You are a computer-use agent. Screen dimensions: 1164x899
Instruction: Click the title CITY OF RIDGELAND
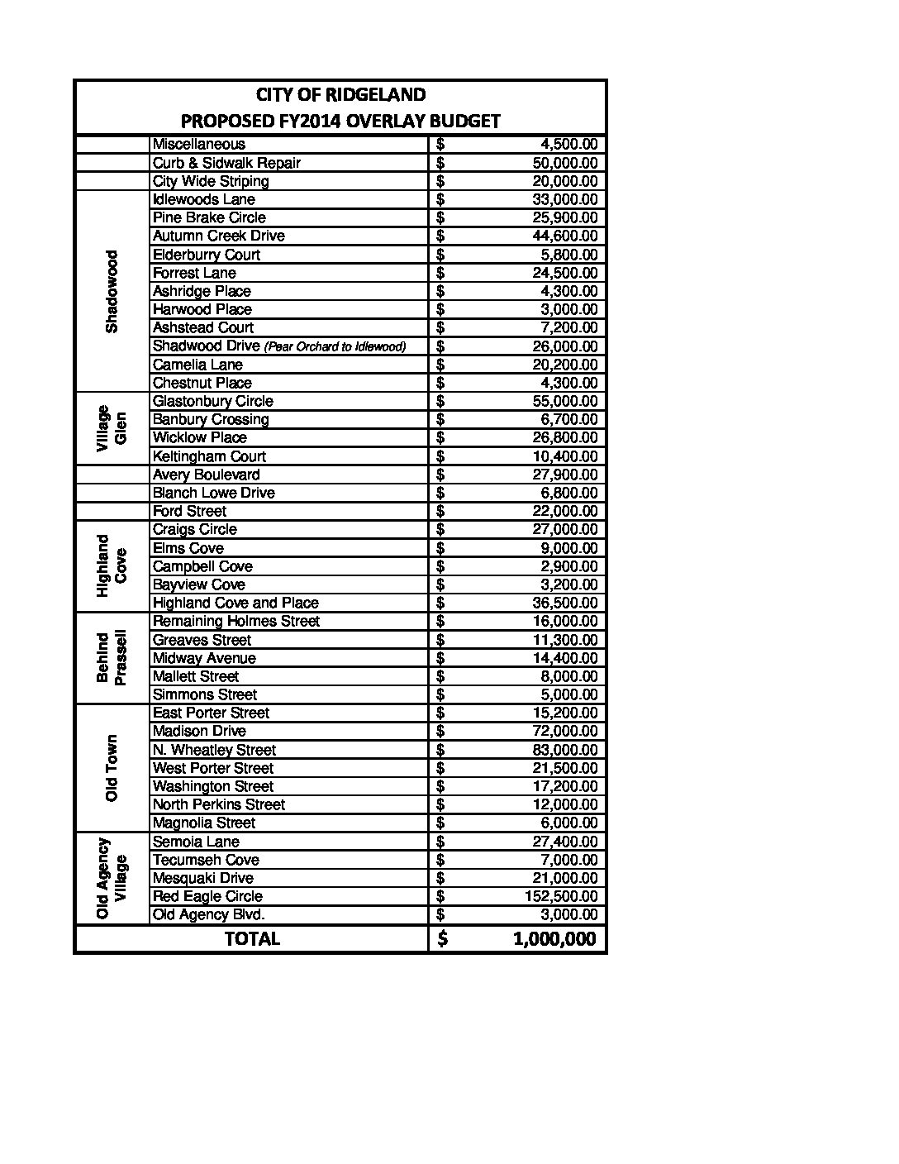[x=340, y=94]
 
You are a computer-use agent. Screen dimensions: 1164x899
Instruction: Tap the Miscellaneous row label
[x=198, y=145]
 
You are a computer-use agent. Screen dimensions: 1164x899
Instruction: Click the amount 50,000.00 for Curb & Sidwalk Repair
[x=564, y=163]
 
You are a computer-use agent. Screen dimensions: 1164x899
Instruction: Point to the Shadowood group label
[x=112, y=291]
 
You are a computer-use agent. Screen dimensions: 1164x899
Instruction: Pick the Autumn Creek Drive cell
[x=218, y=236]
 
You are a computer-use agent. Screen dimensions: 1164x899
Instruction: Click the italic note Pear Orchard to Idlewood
[x=334, y=346]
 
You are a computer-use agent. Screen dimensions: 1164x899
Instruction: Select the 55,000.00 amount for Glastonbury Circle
[x=564, y=401]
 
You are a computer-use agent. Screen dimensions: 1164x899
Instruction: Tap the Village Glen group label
[x=112, y=428]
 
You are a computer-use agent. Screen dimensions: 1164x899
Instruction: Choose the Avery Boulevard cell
[x=206, y=475]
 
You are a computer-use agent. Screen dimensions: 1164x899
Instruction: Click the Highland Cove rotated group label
[x=112, y=566]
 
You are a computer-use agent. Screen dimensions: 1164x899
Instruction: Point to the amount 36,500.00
[x=564, y=603]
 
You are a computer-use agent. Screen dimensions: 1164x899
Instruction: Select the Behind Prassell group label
[x=112, y=658]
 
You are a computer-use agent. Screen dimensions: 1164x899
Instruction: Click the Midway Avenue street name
[x=204, y=658]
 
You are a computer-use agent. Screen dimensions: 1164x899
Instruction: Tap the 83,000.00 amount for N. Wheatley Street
[x=564, y=750]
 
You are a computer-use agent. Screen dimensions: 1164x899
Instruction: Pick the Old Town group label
[x=112, y=768]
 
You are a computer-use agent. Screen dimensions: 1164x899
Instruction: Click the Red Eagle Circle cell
[x=207, y=896]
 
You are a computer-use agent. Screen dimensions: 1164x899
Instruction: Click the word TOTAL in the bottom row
[x=252, y=938]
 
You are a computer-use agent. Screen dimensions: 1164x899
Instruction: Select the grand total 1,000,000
[x=554, y=938]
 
